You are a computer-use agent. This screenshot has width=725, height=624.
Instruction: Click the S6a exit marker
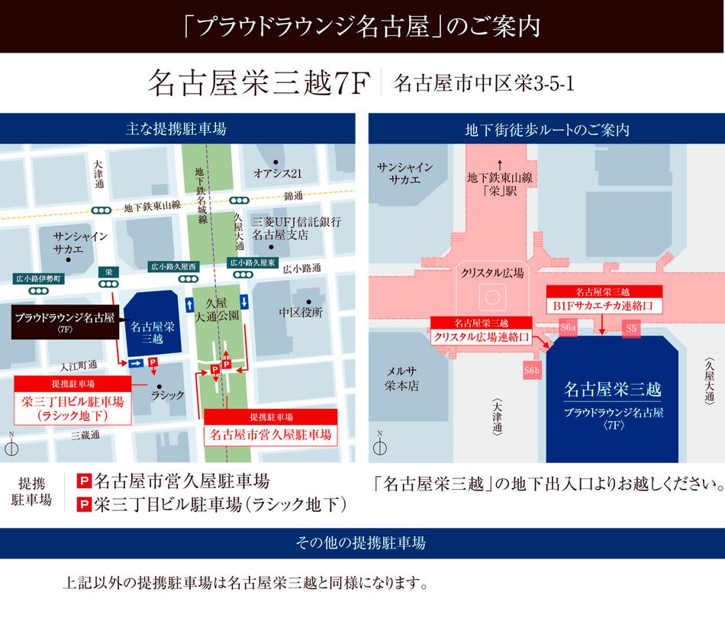coord(567,327)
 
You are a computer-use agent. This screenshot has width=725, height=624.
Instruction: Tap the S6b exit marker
coord(532,371)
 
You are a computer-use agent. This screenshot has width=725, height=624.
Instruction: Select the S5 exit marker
coord(630,327)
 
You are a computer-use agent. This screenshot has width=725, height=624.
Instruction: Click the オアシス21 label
coord(278,173)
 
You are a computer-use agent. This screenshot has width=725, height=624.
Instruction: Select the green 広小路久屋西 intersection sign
coord(172,266)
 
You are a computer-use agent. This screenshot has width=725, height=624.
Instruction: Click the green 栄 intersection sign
coord(108,271)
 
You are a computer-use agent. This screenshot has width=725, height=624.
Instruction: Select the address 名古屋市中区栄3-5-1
coord(484,83)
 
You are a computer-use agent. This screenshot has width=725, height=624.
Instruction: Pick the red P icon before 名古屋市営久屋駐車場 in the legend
coord(85,481)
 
